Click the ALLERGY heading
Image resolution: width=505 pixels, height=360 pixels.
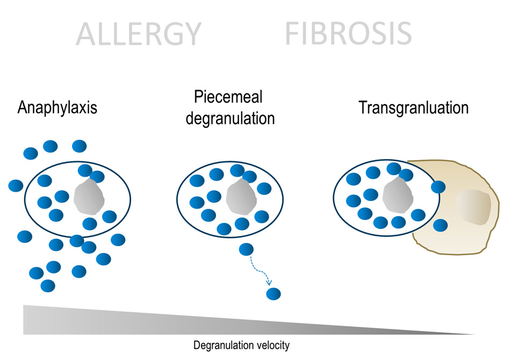pyautogui.click(x=138, y=34)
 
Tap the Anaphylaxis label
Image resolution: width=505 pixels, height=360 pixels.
pyautogui.click(x=57, y=107)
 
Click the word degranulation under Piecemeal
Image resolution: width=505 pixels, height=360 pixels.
pyautogui.click(x=230, y=118)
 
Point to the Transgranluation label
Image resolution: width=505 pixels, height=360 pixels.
pyautogui.click(x=414, y=107)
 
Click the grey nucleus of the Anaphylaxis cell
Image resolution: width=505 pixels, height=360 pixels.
pyautogui.click(x=89, y=198)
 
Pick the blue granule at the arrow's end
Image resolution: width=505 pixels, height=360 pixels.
pyautogui.click(x=273, y=294)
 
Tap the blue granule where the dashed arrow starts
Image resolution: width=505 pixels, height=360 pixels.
pyautogui.click(x=246, y=249)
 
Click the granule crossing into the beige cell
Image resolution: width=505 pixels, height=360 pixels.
pyautogui.click(x=438, y=187)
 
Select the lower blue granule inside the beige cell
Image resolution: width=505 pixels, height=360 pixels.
pyautogui.click(x=441, y=225)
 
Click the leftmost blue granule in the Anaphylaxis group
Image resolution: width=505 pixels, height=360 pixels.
pyautogui.click(x=16, y=186)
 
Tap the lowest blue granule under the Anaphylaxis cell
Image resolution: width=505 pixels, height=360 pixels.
pyautogui.click(x=48, y=286)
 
